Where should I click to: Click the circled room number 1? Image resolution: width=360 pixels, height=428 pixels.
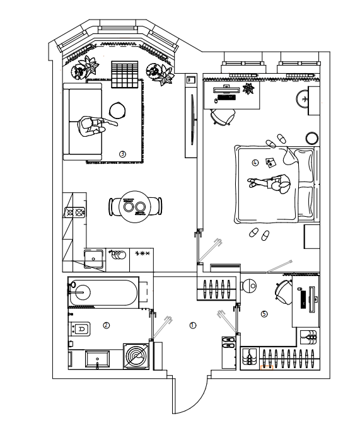193,325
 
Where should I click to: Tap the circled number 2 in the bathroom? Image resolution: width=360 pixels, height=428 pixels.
106,325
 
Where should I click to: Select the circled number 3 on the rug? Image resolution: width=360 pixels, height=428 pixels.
122,154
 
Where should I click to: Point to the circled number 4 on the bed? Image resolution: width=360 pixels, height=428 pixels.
255,163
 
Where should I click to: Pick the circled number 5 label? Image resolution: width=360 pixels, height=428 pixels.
264,314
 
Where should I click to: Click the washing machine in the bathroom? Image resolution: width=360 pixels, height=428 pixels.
136,356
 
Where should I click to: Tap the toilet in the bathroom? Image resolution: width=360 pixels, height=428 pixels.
79,329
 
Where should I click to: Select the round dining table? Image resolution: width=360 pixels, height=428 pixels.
135,207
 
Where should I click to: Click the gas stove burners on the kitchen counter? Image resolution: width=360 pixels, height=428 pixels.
74,212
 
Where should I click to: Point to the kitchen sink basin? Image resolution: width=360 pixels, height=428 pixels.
93,258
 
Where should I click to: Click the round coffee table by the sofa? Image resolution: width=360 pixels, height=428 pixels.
117,110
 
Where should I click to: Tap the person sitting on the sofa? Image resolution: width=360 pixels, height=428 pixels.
94,127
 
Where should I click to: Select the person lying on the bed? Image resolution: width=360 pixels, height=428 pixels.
269,183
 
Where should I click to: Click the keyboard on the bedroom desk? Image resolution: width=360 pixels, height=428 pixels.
226,98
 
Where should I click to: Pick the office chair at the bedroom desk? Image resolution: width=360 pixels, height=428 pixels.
223,117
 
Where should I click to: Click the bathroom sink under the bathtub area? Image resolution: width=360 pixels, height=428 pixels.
98,359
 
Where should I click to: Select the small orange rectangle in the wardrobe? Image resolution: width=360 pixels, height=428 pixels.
267,367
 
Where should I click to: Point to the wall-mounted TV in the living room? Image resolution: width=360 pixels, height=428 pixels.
192,120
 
